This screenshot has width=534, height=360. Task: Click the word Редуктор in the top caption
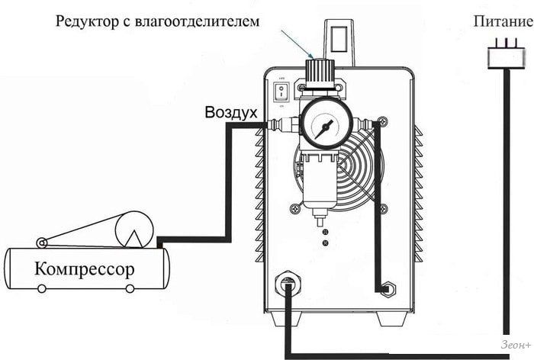tap(88, 21)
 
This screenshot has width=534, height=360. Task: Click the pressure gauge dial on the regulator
tap(327, 124)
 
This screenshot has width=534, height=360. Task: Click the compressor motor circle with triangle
tap(135, 230)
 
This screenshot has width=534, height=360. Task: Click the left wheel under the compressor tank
tap(42, 288)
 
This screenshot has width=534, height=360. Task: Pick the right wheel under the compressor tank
tap(130, 288)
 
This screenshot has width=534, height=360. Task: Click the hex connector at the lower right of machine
tap(387, 291)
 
